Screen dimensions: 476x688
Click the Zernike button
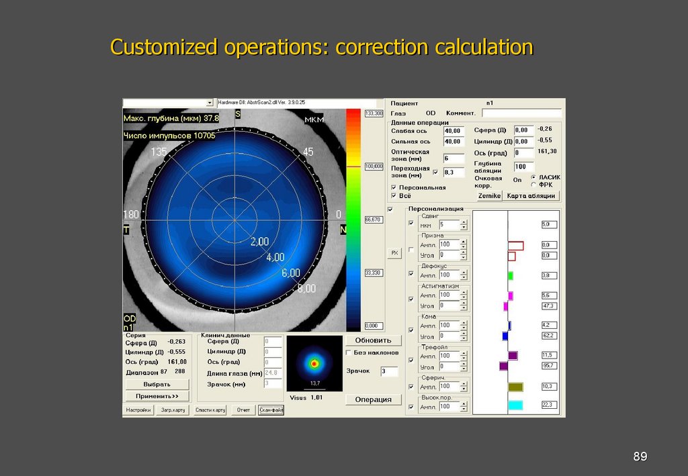tap(489, 195)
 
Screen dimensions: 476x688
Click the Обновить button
tap(373, 340)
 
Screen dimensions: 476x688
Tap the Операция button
tap(373, 399)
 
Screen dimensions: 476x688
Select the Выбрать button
tap(157, 385)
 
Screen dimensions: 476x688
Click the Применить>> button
tap(157, 396)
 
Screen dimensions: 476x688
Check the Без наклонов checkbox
tap(349, 352)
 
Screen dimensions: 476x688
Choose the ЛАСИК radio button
tap(533, 177)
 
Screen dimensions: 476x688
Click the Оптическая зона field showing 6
tap(454, 158)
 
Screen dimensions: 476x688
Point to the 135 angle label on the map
tap(159, 152)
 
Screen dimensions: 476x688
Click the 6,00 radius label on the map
tap(291, 273)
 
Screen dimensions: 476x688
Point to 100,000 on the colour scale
tap(373, 165)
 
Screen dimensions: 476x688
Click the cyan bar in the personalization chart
tap(515, 405)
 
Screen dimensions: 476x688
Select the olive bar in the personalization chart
tap(515, 387)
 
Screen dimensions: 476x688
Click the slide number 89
tap(640, 457)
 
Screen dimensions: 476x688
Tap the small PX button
tap(394, 253)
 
